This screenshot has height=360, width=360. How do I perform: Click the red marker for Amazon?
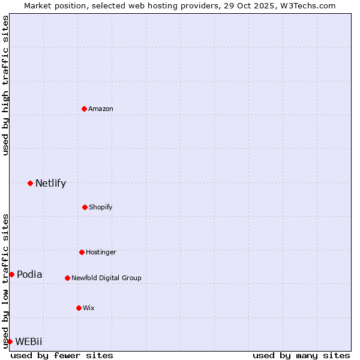point(84,109)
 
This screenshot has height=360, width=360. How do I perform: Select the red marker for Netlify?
point(30,183)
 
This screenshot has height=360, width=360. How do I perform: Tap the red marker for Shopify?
point(85,207)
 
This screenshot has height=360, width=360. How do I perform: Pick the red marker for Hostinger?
point(82,252)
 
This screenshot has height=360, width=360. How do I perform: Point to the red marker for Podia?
point(11,274)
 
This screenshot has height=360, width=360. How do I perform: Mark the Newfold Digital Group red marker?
point(67,278)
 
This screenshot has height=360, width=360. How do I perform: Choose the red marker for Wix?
point(79,308)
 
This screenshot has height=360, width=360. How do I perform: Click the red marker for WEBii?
point(10,341)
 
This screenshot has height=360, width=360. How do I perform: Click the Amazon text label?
point(101,109)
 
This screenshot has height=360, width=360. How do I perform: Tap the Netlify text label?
point(50,183)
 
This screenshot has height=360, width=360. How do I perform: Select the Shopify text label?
point(101,207)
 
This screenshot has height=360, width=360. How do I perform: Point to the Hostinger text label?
point(101,252)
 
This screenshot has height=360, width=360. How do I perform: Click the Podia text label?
point(29,274)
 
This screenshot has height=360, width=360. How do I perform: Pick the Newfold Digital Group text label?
point(106,278)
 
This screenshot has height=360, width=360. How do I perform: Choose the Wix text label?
point(89,308)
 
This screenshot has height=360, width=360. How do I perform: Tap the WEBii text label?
point(29,341)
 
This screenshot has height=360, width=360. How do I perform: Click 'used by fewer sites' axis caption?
point(62,355)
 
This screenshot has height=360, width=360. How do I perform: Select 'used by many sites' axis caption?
point(301,355)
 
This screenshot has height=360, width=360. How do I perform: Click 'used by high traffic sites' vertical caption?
point(5,85)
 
